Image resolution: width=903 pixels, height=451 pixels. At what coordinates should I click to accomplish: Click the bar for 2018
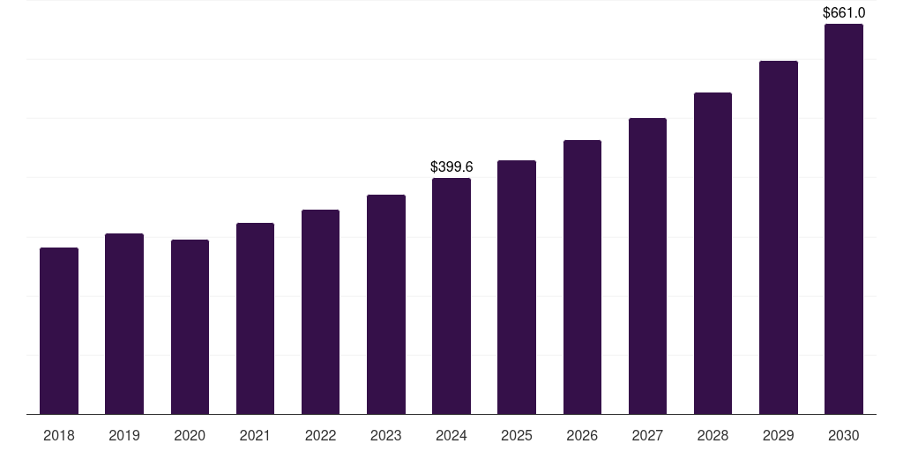point(59,331)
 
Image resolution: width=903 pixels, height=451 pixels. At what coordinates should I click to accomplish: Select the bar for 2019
point(124,324)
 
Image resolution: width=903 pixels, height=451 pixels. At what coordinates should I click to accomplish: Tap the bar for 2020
point(190,327)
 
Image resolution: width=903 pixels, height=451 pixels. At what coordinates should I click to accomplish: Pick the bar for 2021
point(255,319)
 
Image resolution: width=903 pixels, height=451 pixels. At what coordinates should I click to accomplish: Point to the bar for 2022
point(320,312)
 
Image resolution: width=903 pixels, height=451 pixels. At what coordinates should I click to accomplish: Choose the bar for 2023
point(386,305)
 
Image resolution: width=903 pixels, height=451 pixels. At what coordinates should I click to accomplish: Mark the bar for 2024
point(451,296)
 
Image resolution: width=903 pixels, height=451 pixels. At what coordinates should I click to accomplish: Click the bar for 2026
point(582,277)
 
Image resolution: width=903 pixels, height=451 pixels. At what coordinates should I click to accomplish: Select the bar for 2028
point(713,254)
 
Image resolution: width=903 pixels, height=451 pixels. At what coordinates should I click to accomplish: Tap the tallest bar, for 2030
point(844,219)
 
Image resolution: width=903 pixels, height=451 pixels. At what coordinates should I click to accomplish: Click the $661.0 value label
point(844,13)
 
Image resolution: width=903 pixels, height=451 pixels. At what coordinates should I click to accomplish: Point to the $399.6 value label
point(451,166)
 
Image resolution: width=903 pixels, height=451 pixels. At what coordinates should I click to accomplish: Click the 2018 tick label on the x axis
point(59,436)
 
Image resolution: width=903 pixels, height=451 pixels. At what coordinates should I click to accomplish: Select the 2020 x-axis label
point(190,436)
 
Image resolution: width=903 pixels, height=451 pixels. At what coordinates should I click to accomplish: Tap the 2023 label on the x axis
point(386,436)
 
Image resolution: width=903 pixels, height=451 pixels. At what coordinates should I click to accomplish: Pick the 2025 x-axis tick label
point(517,436)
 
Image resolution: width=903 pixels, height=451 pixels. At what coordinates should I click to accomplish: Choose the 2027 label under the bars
point(647,436)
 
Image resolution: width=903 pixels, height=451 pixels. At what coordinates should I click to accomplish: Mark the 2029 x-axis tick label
point(778,436)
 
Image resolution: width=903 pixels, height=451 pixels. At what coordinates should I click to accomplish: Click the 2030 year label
point(844,436)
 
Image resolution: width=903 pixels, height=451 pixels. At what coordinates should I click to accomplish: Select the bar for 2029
point(778,238)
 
